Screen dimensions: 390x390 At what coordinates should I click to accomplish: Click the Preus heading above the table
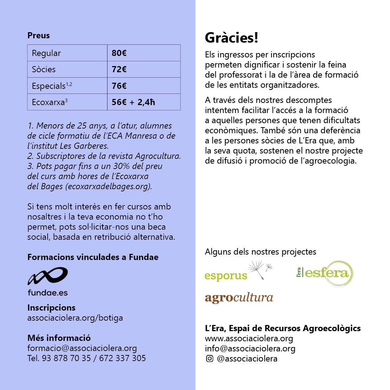39,36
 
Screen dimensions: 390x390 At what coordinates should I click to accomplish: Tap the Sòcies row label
44,69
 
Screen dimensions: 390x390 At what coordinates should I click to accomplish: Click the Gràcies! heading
231,38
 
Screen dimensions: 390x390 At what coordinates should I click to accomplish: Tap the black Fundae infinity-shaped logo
48,276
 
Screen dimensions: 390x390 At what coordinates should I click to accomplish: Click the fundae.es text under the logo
48,293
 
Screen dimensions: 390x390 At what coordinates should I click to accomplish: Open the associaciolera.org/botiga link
75,318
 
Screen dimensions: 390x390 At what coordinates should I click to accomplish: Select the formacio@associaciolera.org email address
82,348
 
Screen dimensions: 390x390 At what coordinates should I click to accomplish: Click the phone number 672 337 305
122,359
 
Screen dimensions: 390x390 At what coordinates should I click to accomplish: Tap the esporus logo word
226,276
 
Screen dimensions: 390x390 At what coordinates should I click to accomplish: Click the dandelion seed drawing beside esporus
260,270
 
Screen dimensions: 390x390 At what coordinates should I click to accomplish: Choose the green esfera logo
325,273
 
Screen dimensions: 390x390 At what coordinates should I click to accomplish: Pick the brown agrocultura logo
239,298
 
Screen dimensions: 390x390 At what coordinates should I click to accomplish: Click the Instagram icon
209,359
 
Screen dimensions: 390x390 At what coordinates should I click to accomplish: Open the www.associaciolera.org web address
249,339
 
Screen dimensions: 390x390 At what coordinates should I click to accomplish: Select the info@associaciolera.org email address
250,349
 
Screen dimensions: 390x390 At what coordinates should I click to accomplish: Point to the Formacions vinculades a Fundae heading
93,257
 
